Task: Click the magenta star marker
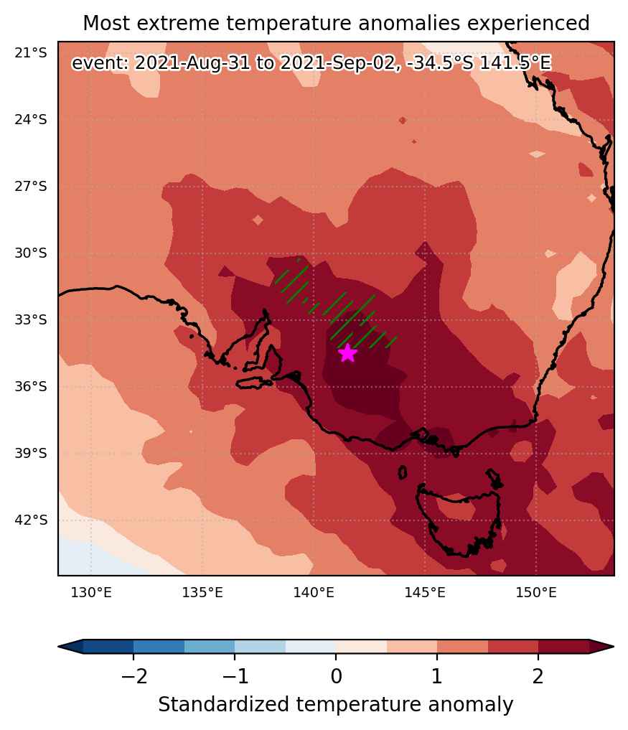348,353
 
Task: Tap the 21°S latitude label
31,53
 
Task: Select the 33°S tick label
31,320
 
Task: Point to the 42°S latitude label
31,520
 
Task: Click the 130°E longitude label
91,593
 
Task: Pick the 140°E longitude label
314,593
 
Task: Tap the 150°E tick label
536,593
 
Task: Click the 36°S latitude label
31,386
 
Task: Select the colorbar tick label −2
134,676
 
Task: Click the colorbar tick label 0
336,676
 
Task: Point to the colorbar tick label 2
538,676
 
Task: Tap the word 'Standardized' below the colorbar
223,704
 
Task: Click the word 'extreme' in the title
185,23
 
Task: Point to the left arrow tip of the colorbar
59,646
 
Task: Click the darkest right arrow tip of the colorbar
613,646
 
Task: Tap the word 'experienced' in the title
528,23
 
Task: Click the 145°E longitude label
425,593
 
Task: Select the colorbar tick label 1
436,676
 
